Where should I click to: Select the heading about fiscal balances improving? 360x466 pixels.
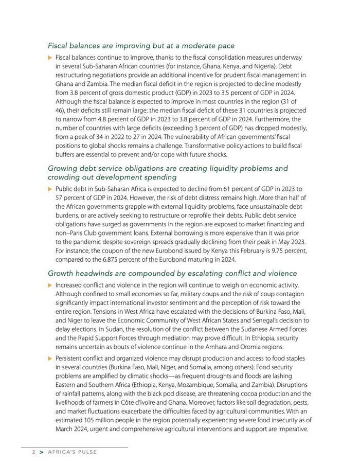click(x=141, y=46)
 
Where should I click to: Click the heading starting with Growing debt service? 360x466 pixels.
click(x=168, y=168)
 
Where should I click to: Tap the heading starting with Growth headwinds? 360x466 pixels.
click(x=172, y=273)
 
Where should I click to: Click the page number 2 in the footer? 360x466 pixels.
click(x=33, y=452)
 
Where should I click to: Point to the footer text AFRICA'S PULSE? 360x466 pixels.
click(x=72, y=452)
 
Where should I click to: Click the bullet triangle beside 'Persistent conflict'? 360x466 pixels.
click(x=50, y=359)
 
